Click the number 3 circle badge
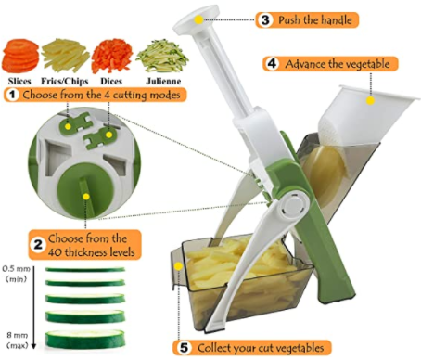[265, 20]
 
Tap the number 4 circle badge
[272, 64]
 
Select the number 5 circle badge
[184, 348]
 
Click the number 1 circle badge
[12, 95]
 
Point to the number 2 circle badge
[38, 245]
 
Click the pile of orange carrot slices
[20, 56]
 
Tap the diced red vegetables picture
[112, 56]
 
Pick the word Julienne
[163, 82]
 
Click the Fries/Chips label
[65, 82]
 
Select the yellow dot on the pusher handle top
[198, 19]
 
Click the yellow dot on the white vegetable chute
[370, 100]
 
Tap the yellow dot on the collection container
[178, 266]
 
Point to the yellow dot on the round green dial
[86, 197]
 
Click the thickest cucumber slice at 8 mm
[85, 340]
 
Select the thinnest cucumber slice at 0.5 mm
[85, 270]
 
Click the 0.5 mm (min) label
[17, 274]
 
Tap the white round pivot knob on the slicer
[291, 205]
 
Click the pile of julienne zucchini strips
[162, 57]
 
